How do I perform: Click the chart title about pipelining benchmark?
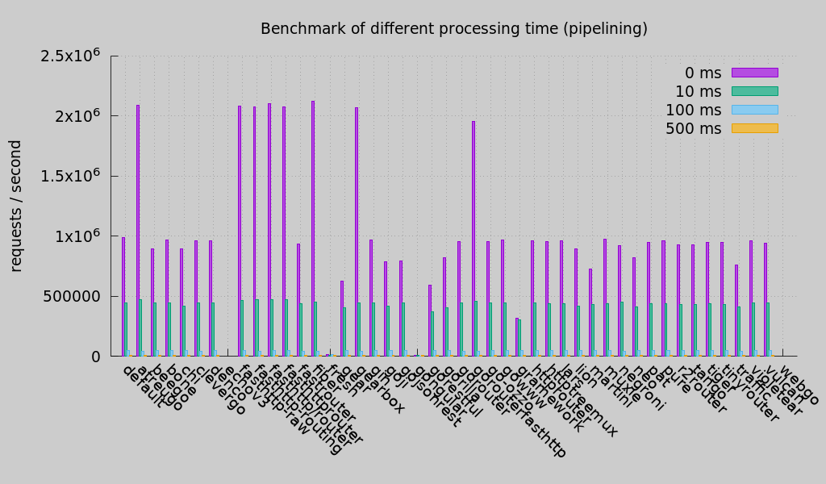453,29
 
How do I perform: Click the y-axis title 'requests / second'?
16,206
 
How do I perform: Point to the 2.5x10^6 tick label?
71,56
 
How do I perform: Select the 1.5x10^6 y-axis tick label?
71,176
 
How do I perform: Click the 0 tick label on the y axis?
95,357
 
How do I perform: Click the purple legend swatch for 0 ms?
754,73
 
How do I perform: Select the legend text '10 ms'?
698,91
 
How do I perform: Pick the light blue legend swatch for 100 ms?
754,110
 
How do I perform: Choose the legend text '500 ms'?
693,128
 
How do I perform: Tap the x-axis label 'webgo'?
799,388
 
